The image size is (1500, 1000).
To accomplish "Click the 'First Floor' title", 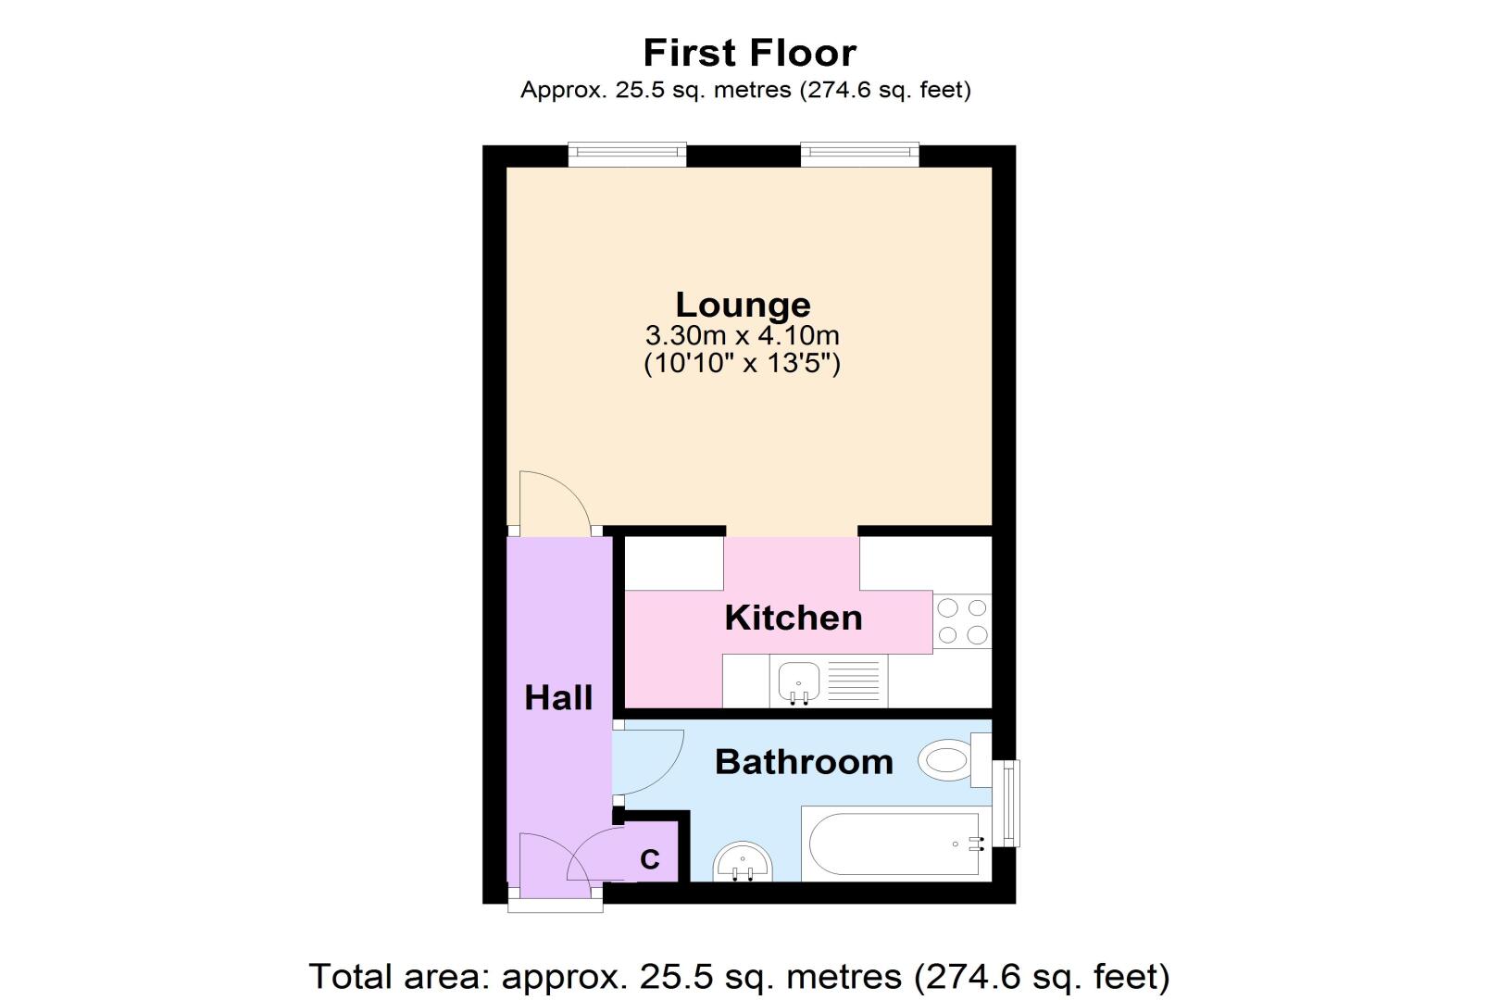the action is pos(749,53).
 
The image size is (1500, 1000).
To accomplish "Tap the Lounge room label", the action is pos(743,305).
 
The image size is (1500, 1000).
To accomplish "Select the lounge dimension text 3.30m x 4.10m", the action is pos(742,335).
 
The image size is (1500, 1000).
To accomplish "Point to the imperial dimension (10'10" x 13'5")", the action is pos(742,364).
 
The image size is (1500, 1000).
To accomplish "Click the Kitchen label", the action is pos(794,618).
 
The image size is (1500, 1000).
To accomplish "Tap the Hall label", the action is pos(558,698).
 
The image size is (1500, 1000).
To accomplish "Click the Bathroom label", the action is pos(805,762).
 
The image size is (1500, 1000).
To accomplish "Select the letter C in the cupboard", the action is pos(650,859).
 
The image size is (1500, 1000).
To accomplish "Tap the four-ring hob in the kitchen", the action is pos(962,621).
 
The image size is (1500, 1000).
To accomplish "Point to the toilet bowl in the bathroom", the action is pos(944,760).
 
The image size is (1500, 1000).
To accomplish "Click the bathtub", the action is pos(895,844).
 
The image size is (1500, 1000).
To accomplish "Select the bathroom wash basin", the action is pos(743,862).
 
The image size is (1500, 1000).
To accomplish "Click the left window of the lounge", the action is pos(628,155).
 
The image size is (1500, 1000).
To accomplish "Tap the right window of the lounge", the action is pos(860,155).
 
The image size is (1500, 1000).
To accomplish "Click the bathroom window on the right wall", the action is pos(1006,803).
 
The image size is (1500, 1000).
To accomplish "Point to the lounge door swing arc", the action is pos(570,488).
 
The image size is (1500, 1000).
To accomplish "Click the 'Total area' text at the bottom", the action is pos(739,977).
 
